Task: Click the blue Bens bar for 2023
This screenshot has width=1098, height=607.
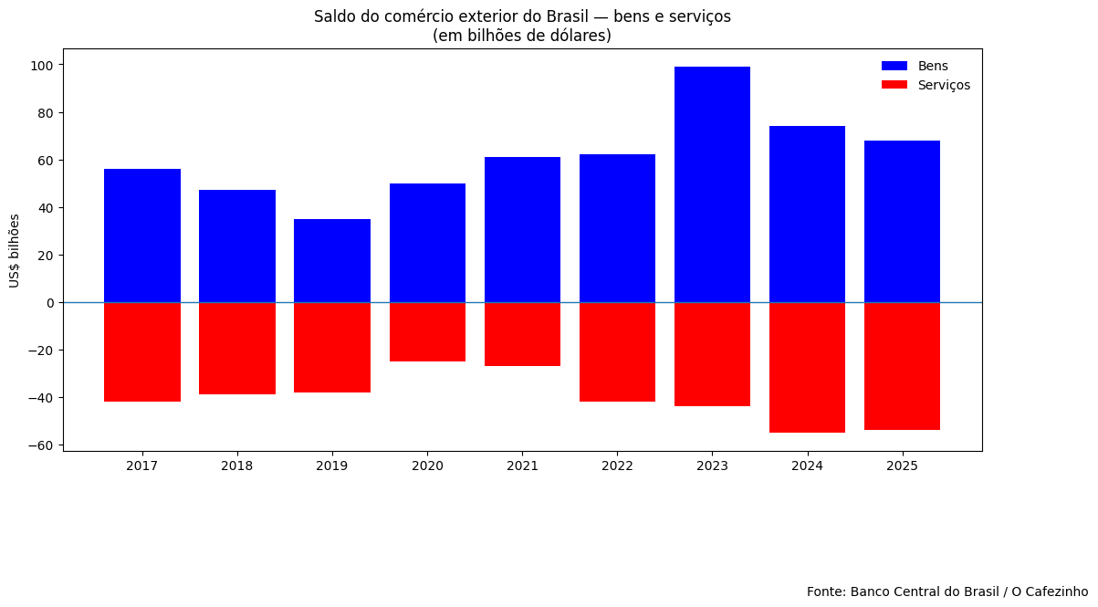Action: pos(712,184)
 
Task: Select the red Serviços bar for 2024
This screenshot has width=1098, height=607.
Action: pos(807,367)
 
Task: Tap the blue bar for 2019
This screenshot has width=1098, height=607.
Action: pos(332,260)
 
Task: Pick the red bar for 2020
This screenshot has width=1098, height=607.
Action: pos(427,331)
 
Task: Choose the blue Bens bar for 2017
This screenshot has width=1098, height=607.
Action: pos(142,235)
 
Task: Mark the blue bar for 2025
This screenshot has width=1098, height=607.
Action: pos(902,221)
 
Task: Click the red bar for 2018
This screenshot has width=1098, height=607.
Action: pos(237,348)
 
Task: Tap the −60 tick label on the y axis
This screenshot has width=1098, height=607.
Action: pos(40,445)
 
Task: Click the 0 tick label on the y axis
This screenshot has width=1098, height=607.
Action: pos(51,303)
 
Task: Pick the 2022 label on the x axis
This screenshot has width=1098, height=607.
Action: pos(617,466)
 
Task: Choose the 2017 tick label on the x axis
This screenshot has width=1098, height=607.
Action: pos(142,466)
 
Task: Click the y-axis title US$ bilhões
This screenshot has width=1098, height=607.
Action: pos(15,250)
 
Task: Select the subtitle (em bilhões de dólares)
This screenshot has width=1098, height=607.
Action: pos(522,36)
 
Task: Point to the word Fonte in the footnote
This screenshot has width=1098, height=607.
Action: pos(825,591)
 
